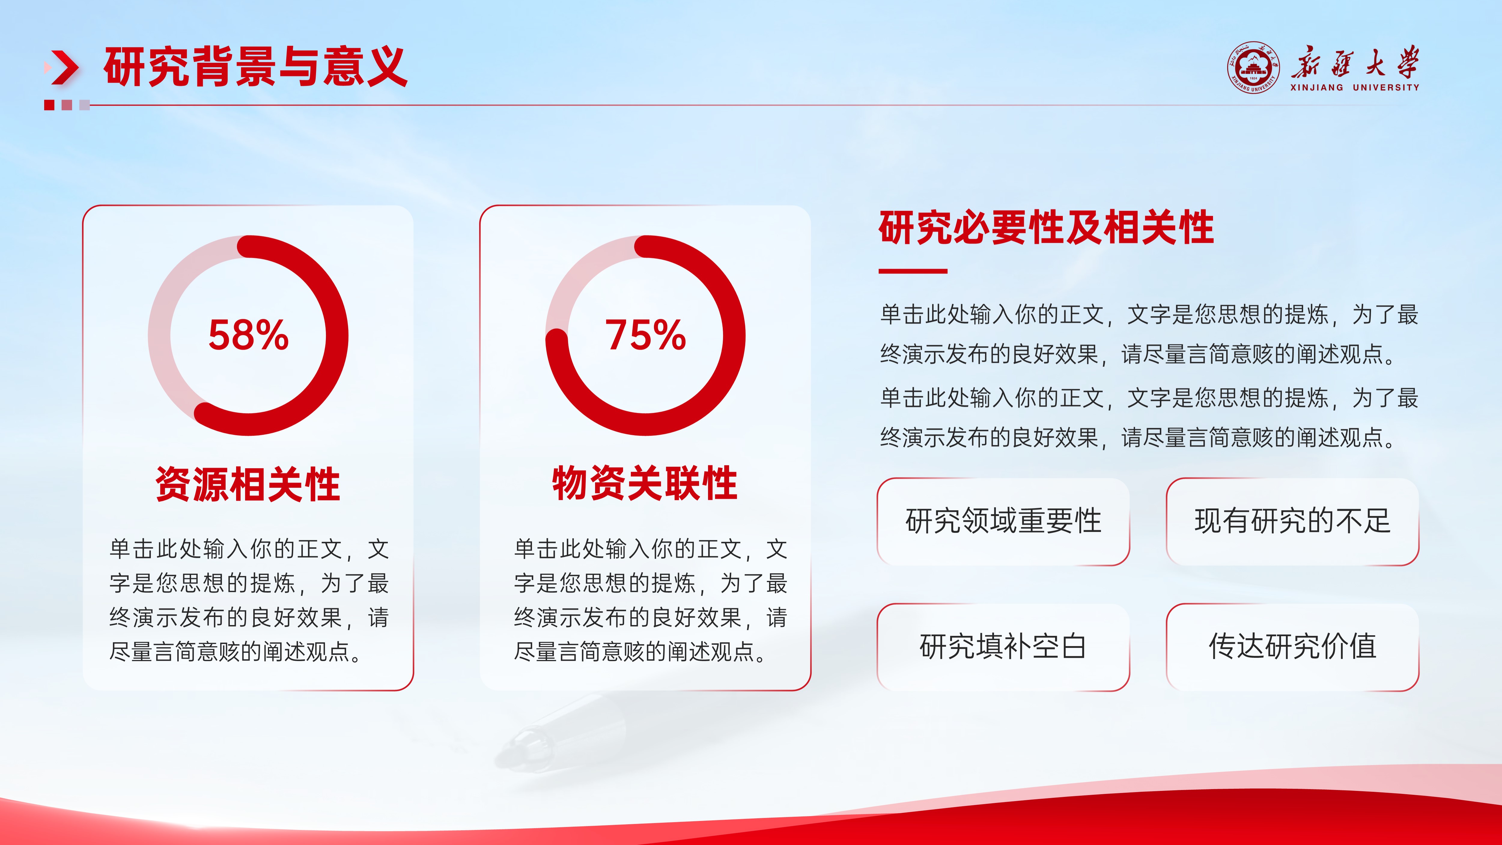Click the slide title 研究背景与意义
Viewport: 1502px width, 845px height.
(255, 67)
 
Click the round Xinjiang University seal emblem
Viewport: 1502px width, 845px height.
(1254, 68)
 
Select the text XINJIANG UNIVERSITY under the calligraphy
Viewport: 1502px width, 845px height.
(1355, 87)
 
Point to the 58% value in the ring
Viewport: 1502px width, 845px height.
(248, 335)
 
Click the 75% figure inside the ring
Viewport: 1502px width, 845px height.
(646, 335)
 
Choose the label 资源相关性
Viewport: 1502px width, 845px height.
(248, 484)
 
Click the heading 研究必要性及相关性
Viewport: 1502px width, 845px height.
(1046, 227)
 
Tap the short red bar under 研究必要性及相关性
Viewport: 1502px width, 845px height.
(913, 271)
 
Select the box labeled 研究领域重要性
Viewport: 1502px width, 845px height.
(1003, 521)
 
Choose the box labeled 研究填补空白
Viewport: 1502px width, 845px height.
(1003, 647)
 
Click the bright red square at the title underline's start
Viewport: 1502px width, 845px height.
(49, 105)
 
